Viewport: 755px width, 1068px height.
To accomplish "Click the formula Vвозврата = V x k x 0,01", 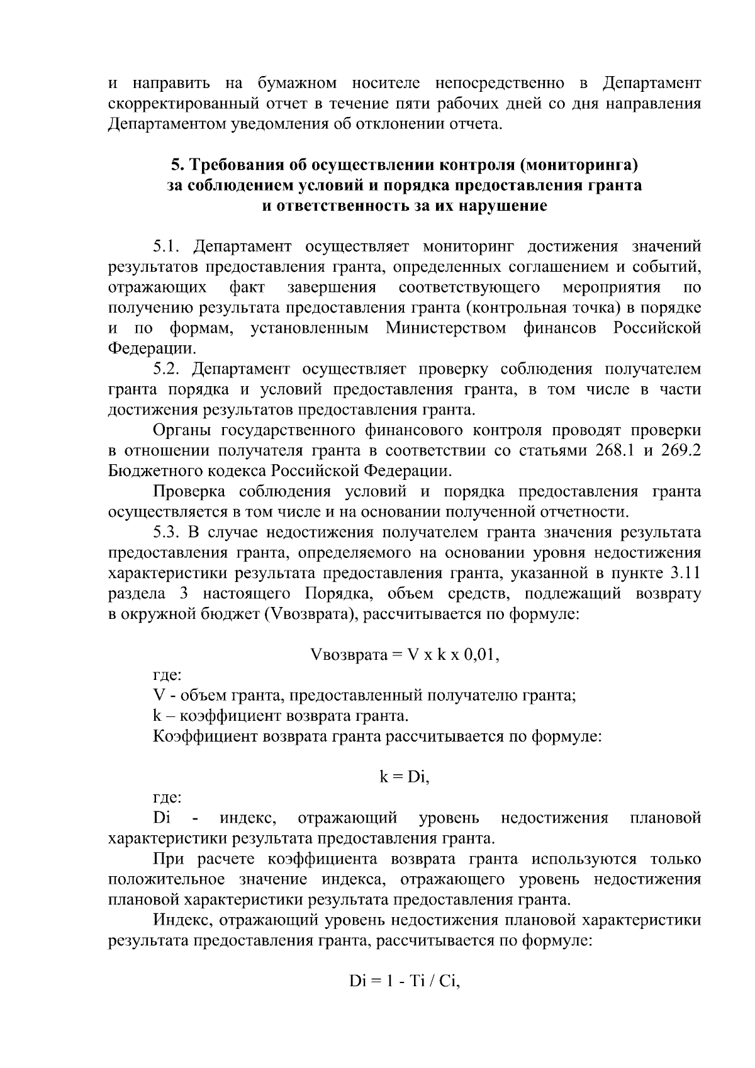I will [x=405, y=655].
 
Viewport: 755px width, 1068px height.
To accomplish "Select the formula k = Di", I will [x=404, y=777].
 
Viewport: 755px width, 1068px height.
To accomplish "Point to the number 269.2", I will [x=681, y=451].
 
